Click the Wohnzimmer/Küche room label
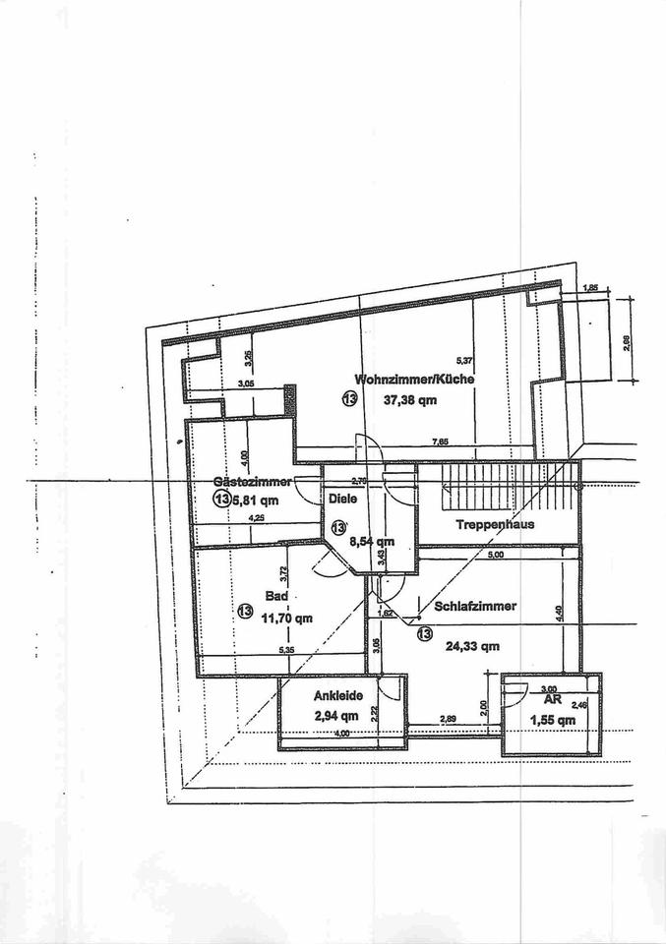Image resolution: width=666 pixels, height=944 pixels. click(416, 379)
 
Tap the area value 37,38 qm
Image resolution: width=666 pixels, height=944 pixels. click(409, 400)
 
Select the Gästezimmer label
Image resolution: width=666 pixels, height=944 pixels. click(251, 481)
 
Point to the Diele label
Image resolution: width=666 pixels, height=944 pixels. click(341, 498)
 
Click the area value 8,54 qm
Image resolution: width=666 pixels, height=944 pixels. click(373, 541)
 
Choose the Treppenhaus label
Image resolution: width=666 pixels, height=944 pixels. click(494, 524)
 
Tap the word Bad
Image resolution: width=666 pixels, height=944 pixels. click(275, 596)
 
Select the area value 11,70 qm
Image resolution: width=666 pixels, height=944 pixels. click(287, 619)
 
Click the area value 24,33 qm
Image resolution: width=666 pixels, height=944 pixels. click(473, 647)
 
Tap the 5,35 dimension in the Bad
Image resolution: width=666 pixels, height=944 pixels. click(285, 650)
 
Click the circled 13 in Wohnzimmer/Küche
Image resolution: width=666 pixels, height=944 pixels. click(349, 398)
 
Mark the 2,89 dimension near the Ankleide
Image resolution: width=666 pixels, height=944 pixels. click(448, 720)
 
